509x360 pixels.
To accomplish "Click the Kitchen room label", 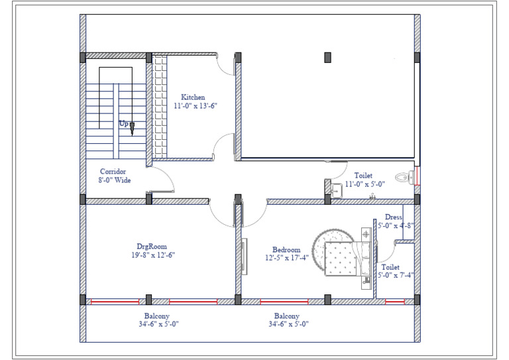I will coord(193,97).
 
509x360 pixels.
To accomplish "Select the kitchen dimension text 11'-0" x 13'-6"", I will coord(196,105).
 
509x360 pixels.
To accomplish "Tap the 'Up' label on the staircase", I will coord(123,123).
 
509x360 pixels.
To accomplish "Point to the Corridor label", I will coord(113,171).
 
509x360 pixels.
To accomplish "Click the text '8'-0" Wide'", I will coord(115,180).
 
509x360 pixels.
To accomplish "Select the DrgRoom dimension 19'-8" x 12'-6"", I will coord(152,255).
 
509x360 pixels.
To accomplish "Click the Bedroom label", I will coord(286,250).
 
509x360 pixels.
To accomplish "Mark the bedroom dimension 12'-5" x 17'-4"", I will coord(287,259).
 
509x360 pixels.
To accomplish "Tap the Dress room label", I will coord(393,217).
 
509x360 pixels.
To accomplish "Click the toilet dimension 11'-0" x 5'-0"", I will coord(363,185).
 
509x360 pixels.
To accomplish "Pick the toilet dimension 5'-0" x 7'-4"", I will coord(396,275).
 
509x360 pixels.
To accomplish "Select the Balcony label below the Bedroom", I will coord(286,316).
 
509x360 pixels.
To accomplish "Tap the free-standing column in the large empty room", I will coord(327,58).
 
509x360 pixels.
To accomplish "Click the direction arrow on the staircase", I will coord(132,127).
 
